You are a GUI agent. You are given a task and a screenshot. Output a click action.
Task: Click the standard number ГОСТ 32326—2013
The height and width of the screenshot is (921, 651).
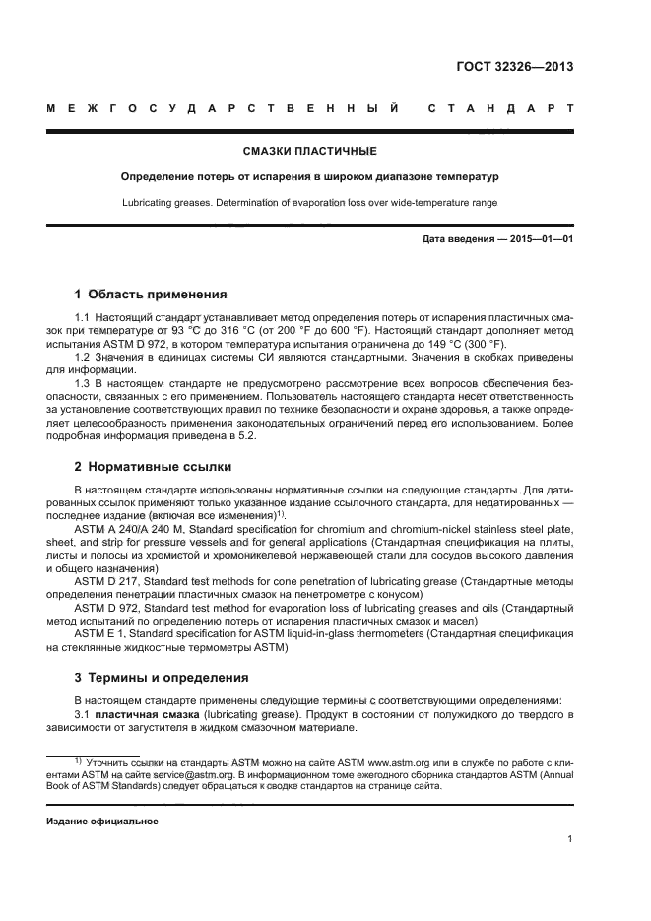pyautogui.click(x=515, y=68)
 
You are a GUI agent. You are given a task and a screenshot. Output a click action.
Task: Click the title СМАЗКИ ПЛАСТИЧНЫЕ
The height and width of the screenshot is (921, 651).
pyautogui.click(x=310, y=152)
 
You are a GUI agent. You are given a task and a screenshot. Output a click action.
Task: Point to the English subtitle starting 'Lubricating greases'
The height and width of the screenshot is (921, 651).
pyautogui.click(x=310, y=202)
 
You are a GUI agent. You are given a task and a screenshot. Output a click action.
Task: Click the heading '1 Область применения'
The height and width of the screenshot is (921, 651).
pyautogui.click(x=151, y=294)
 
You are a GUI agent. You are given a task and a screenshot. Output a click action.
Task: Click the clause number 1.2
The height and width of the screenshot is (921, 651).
pyautogui.click(x=84, y=358)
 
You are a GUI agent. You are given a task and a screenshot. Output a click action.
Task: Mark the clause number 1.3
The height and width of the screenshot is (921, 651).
pyautogui.click(x=84, y=381)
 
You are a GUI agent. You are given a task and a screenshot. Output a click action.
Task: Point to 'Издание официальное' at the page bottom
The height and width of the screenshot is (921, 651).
pyautogui.click(x=101, y=821)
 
